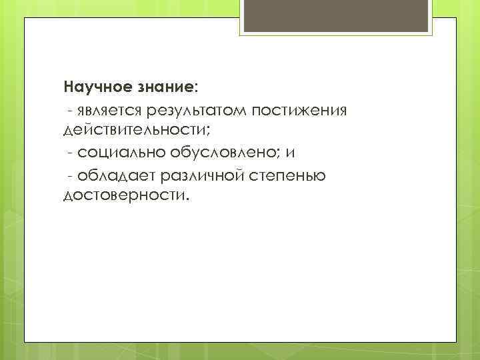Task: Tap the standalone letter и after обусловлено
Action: click(x=289, y=153)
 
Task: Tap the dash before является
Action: click(x=70, y=110)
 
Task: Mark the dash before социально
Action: click(x=70, y=153)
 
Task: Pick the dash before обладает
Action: click(x=70, y=175)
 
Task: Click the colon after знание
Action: click(x=196, y=88)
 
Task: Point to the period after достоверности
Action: click(x=187, y=199)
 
